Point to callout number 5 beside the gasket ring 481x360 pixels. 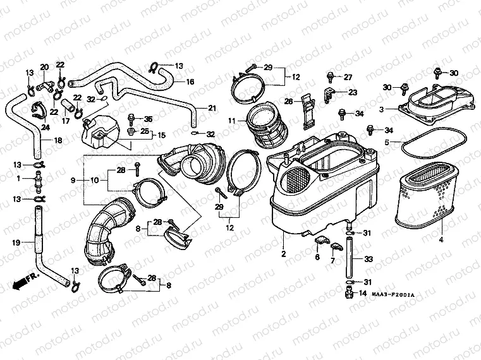pos(387,142)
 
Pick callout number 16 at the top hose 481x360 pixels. pos(190,81)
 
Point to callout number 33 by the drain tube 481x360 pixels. pos(369,258)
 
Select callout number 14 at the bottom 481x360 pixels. pos(363,294)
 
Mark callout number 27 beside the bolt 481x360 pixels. pos(348,77)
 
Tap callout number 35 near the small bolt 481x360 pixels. pos(149,119)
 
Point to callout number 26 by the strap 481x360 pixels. pos(288,101)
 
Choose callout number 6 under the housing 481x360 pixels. pos(317,256)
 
